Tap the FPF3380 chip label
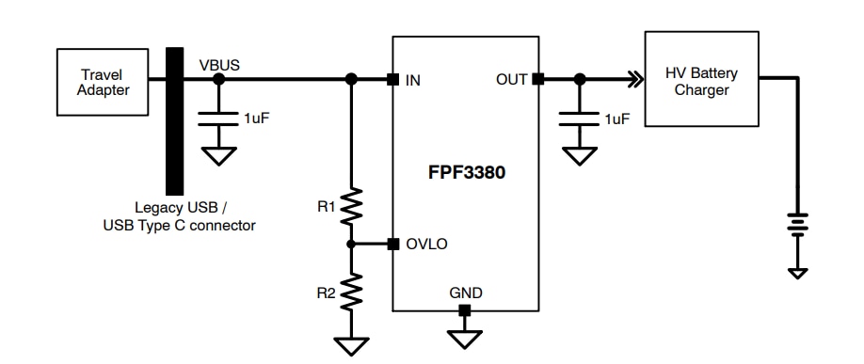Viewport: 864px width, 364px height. point(465,174)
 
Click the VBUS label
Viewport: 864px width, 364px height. point(219,65)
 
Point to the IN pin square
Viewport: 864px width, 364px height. point(392,80)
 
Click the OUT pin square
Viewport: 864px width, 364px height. point(538,80)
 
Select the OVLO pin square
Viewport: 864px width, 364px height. point(392,244)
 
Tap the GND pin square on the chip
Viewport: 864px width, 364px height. point(464,310)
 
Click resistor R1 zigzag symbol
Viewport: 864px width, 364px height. point(351,204)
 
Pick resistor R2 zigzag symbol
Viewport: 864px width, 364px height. point(351,291)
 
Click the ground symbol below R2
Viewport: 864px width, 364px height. point(351,346)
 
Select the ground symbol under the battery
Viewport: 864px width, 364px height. point(797,272)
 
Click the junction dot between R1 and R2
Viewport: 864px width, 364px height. point(351,244)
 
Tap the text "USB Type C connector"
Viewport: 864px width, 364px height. point(180,226)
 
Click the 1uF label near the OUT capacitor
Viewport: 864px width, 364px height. point(617,119)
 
